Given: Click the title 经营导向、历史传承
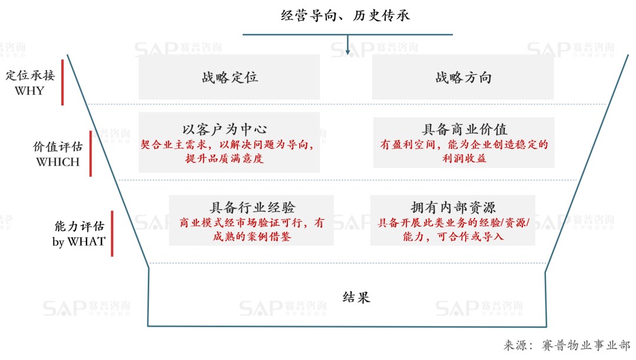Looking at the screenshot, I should pos(345,16).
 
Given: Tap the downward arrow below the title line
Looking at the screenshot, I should pos(348,47).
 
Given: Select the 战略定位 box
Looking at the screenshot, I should pos(230,78).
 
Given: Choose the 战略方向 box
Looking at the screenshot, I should pos(463,78).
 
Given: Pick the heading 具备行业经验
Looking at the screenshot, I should pos(252,207).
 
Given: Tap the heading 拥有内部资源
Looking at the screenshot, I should pos(453,207).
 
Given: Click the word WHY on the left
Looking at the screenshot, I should pos(29,91).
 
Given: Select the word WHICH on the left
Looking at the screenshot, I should pos(58,162).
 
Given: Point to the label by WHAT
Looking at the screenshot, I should pos(78,242).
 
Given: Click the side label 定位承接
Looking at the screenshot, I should pos(30,76).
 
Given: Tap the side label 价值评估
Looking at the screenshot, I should pos(58,147).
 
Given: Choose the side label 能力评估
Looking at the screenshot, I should pos(79,226).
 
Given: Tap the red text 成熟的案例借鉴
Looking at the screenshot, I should pos(252,237).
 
